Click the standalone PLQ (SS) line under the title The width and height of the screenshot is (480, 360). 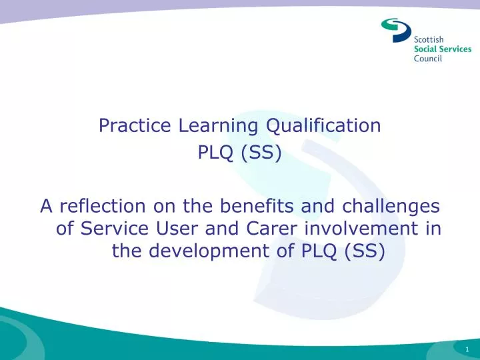pos(240,154)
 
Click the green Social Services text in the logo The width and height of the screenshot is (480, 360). pos(443,49)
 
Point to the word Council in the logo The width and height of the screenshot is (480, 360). pos(428,59)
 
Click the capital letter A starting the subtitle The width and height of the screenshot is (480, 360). pos(46,207)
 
